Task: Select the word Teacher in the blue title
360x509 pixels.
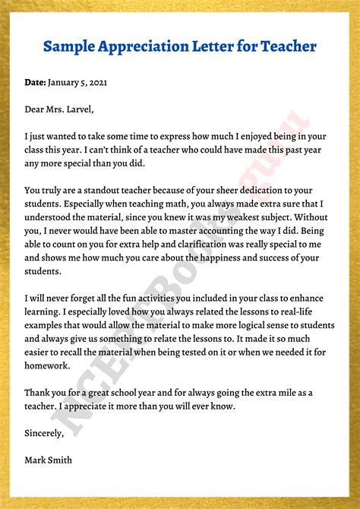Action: tap(287, 46)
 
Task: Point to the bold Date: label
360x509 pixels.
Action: tap(35, 81)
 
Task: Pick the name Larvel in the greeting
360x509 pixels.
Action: tap(77, 109)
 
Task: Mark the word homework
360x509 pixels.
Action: tap(48, 365)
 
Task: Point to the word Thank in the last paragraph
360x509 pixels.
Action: tap(39, 392)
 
